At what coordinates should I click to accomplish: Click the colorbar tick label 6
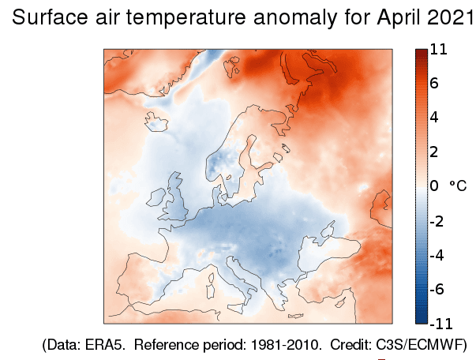435,83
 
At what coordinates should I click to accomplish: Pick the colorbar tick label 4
435,118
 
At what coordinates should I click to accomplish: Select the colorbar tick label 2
435,152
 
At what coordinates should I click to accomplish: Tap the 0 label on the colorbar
435,186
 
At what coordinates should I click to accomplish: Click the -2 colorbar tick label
437,220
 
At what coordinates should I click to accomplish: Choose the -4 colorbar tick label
437,255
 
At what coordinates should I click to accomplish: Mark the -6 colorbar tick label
437,289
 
